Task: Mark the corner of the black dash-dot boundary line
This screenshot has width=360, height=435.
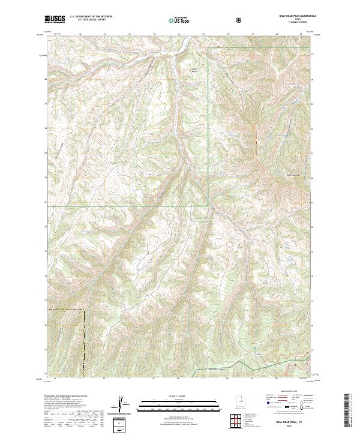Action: click(83, 310)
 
